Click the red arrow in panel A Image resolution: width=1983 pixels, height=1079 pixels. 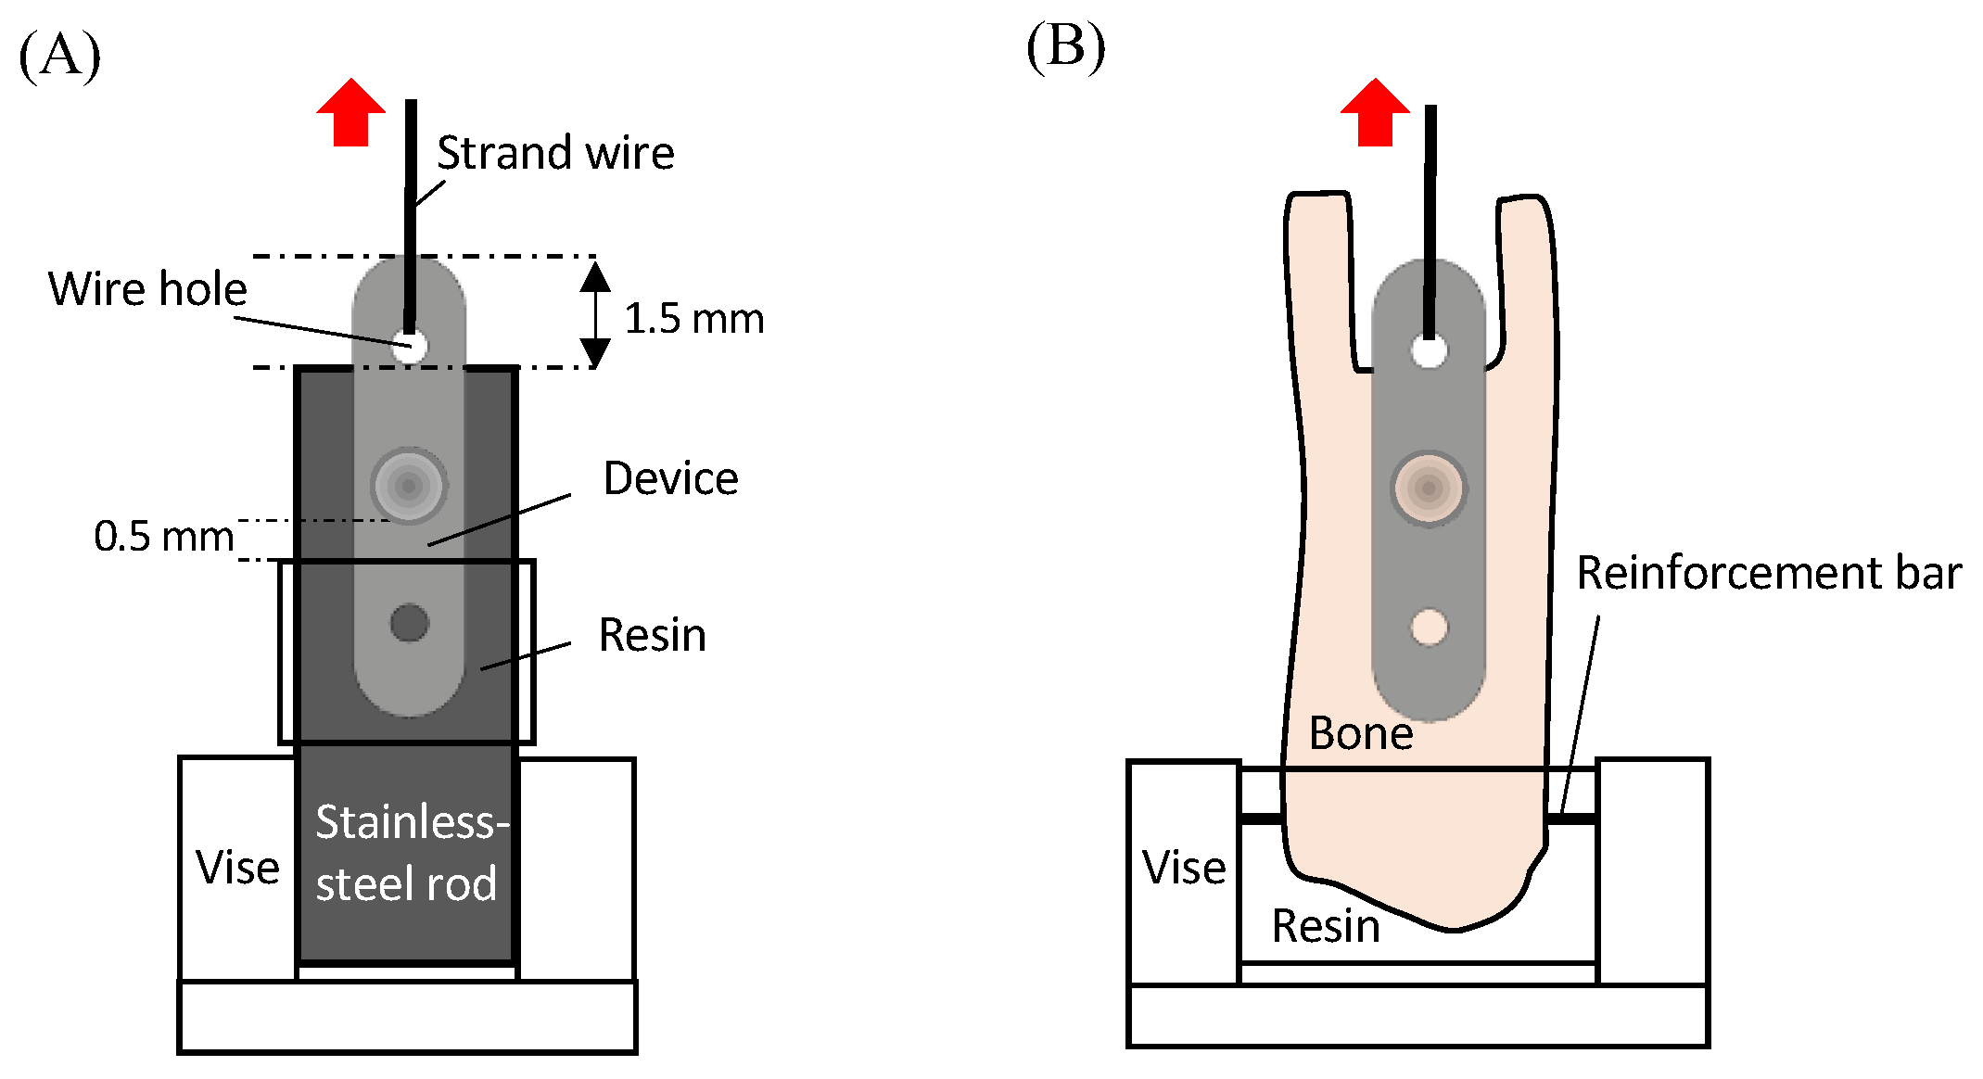[x=350, y=113]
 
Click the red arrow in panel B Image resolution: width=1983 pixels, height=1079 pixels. [x=1375, y=113]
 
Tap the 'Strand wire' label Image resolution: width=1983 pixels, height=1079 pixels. [x=554, y=153]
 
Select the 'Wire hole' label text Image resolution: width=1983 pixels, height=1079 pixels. [x=147, y=289]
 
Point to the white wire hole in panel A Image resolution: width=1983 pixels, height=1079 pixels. [x=409, y=346]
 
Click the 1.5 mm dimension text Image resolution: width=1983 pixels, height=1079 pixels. [x=693, y=319]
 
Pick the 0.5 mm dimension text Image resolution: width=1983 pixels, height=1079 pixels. [x=163, y=537]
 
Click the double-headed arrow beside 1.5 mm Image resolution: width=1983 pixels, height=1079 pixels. [x=595, y=314]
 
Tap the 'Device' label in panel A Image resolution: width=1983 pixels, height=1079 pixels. [x=670, y=479]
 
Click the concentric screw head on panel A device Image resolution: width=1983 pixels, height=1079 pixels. [x=409, y=486]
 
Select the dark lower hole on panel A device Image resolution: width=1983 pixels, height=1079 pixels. [x=409, y=623]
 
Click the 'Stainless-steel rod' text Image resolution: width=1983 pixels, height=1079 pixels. [x=409, y=852]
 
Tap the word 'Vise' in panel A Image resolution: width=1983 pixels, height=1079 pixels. [x=237, y=869]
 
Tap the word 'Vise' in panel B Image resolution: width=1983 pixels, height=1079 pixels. [x=1183, y=869]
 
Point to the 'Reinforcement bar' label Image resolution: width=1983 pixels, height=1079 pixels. [x=1768, y=573]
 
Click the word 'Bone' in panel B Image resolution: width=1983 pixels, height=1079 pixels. [x=1360, y=734]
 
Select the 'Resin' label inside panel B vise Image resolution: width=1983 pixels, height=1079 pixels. [x=1325, y=926]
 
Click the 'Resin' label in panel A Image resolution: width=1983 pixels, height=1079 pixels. [x=652, y=636]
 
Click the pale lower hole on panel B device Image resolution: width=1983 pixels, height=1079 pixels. [x=1429, y=627]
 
